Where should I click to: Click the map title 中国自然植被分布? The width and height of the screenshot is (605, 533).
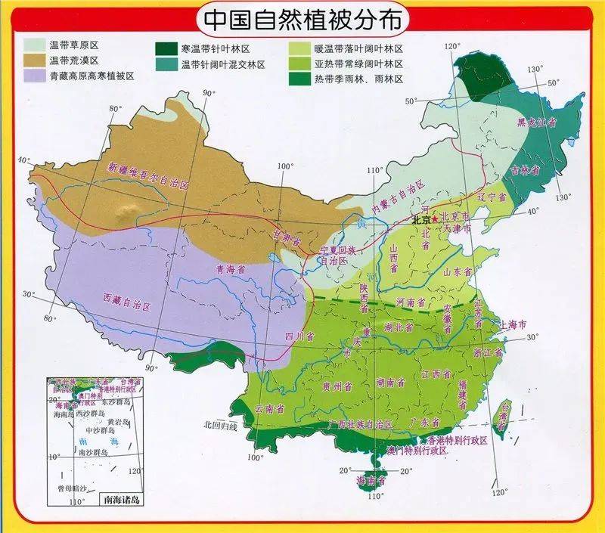[x=302, y=17]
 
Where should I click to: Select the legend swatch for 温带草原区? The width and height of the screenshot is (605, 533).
[x=33, y=45]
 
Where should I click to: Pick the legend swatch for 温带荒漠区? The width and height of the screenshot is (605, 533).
[x=33, y=60]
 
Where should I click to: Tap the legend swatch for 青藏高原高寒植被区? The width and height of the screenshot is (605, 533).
[x=33, y=76]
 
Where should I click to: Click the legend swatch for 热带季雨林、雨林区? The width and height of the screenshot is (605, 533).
[x=301, y=79]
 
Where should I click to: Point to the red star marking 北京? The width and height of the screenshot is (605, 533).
[x=435, y=218]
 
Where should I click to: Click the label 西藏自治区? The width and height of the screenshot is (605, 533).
[x=127, y=301]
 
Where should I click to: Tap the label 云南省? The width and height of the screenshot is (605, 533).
[x=269, y=408]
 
